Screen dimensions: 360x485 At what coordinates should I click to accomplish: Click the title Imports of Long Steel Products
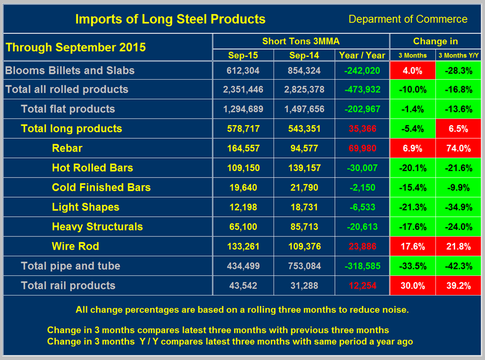[170, 19]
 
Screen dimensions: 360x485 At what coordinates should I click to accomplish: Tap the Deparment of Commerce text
[407, 19]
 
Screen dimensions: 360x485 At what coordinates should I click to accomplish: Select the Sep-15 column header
[242, 55]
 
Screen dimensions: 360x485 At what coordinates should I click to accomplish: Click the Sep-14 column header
[304, 55]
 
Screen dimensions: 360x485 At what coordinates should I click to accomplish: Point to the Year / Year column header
[362, 55]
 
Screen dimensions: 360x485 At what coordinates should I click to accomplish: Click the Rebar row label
[67, 148]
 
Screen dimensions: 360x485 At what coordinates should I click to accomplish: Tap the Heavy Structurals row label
[97, 227]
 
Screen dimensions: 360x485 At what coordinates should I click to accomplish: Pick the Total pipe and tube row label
[70, 266]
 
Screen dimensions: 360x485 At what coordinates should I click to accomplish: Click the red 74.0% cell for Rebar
[459, 148]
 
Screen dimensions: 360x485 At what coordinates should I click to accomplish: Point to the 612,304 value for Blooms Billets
[242, 70]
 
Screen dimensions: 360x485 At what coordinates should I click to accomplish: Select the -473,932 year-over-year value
[362, 90]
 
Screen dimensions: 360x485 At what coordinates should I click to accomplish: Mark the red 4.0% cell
[412, 70]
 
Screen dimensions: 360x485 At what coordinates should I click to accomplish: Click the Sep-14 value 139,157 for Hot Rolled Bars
[304, 168]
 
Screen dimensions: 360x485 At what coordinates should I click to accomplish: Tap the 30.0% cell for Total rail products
[412, 286]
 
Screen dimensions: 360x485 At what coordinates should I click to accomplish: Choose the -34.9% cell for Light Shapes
[459, 207]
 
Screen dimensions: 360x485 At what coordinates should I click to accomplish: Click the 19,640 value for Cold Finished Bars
[242, 187]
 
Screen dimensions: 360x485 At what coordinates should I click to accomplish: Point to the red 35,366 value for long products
[362, 129]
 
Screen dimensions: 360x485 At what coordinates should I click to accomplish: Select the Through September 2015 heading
[75, 47]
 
